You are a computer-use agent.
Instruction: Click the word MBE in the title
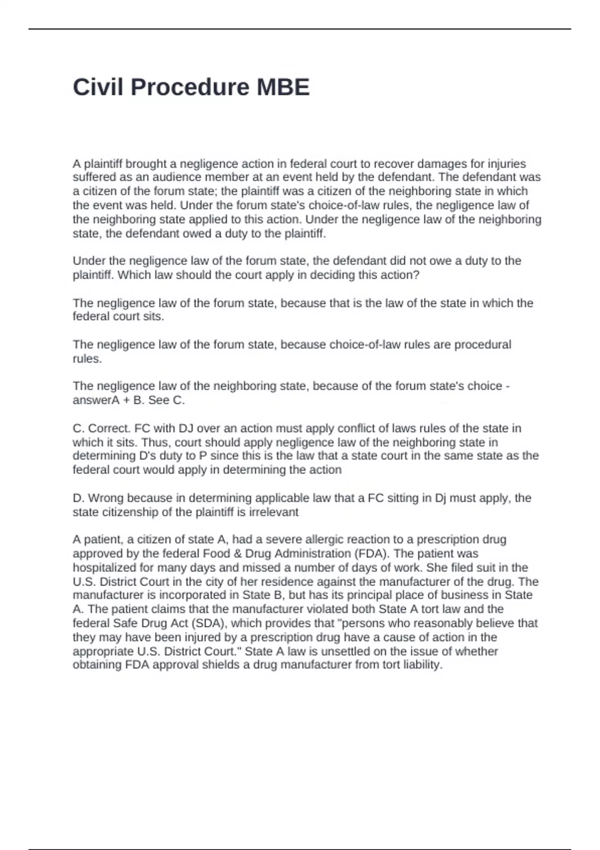283,87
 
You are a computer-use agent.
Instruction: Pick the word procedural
482,344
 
